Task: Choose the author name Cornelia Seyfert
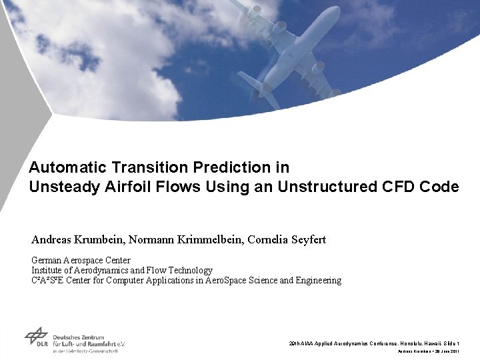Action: point(281,239)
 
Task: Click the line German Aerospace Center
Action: point(81,260)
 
